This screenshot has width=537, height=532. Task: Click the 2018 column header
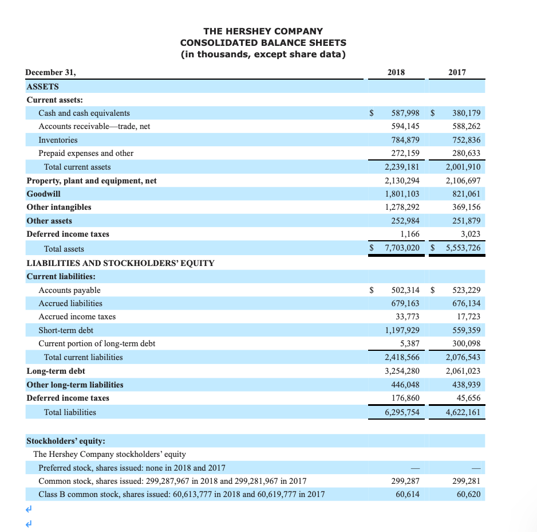coord(396,72)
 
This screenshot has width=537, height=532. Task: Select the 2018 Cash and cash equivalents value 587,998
coord(405,113)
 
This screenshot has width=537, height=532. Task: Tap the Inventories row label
coord(58,140)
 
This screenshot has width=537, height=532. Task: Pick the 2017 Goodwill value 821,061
coord(466,194)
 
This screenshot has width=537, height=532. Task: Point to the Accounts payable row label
coord(69,290)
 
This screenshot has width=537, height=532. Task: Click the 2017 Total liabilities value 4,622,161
coord(462,412)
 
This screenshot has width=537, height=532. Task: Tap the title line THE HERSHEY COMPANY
coord(263,31)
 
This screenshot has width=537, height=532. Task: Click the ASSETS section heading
coord(42,86)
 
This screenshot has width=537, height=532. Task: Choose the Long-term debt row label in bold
coord(56,371)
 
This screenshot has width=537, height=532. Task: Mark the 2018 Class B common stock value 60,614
coord(408,494)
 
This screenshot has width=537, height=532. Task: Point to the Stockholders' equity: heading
coord(66,441)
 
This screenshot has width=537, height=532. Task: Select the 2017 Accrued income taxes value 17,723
coord(468,316)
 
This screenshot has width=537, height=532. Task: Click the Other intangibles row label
coord(59,207)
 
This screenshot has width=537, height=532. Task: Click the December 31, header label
coord(51,72)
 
